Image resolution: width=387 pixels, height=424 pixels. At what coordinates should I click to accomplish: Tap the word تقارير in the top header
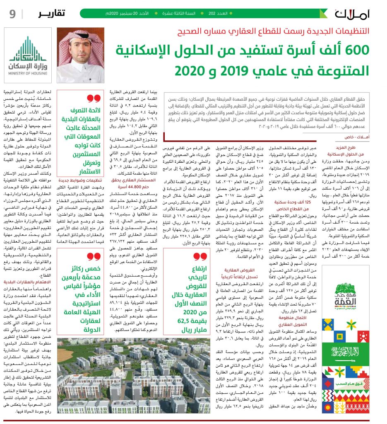click(x=52, y=13)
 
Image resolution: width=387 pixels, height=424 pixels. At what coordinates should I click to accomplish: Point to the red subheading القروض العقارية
click(x=234, y=270)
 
